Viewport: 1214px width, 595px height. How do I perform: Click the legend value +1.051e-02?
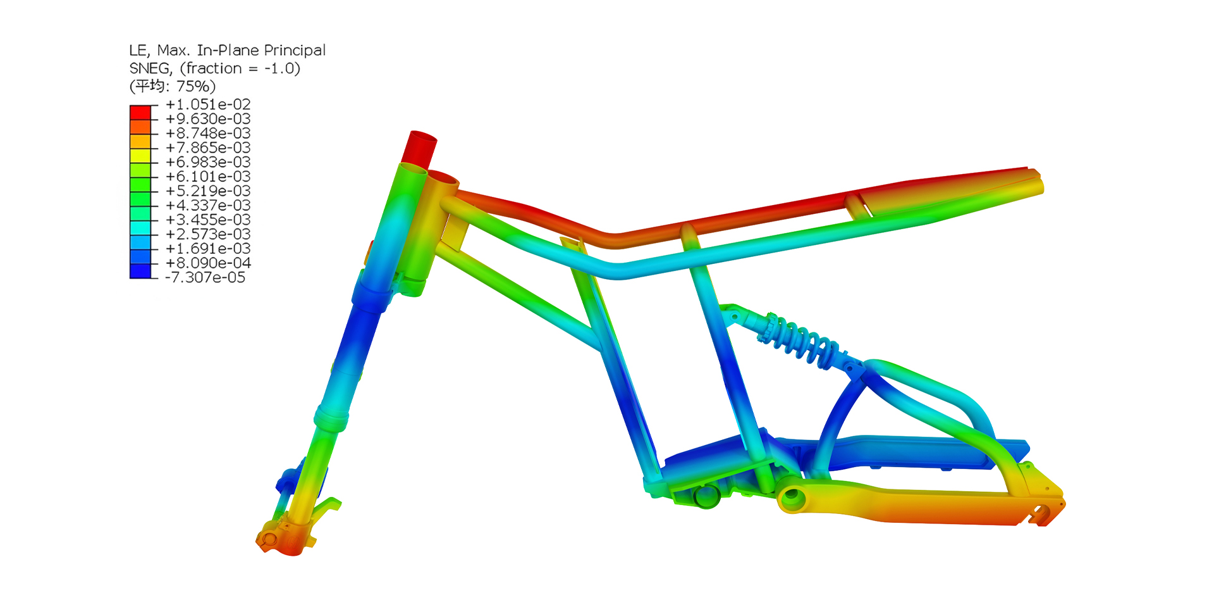(208, 104)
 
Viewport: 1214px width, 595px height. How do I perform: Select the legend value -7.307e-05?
(205, 277)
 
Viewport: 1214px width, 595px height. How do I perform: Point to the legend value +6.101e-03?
(208, 177)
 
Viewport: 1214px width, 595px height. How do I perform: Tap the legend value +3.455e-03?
(208, 220)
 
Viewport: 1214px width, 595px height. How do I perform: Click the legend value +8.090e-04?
(208, 263)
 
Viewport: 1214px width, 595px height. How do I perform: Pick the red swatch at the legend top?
(140, 113)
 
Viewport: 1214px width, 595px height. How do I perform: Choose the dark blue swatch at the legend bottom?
(140, 271)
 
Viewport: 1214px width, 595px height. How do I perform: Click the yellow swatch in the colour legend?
(140, 156)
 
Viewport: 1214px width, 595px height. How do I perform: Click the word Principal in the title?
(295, 51)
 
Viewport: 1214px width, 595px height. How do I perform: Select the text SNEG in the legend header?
(150, 68)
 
